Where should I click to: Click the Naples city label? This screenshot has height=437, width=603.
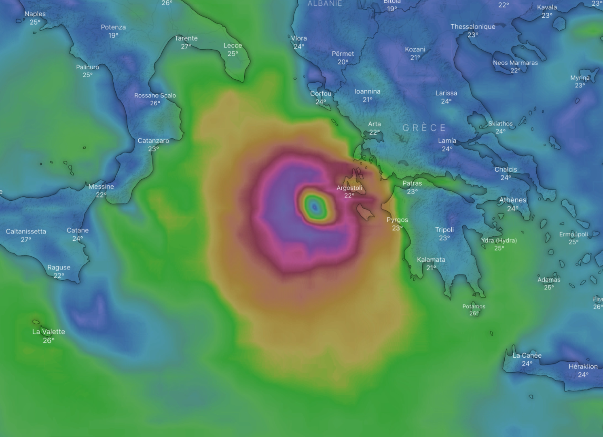pos(35,14)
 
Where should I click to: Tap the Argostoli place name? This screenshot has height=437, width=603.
pos(349,188)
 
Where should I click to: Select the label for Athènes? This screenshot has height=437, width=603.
pos(513,200)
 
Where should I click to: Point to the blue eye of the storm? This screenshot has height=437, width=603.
pos(315,207)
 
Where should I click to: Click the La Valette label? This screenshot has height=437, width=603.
pos(49,332)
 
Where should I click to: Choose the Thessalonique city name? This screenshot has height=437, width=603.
pos(473,27)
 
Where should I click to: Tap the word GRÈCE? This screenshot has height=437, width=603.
pos(424,128)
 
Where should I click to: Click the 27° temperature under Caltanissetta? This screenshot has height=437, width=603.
pos(26,240)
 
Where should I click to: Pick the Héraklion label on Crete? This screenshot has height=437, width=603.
pos(583,366)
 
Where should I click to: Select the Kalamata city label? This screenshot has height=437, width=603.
pos(431,259)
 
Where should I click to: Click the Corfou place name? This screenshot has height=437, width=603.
pos(321,93)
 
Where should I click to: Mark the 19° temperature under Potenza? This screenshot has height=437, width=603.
pos(113,36)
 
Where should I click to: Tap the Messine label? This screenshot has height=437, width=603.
pos(101,187)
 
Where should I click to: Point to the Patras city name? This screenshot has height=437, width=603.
pos(412,183)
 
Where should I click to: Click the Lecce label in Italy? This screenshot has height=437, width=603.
pos(233,45)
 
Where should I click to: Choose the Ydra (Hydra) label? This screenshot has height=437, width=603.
pos(499,240)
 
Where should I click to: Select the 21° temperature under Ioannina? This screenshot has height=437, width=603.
pos(367,100)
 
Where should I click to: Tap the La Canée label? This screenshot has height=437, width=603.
pos(527,355)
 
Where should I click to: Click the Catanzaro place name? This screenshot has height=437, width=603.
pos(153,141)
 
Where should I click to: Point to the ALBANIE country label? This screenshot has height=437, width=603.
pos(325,4)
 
